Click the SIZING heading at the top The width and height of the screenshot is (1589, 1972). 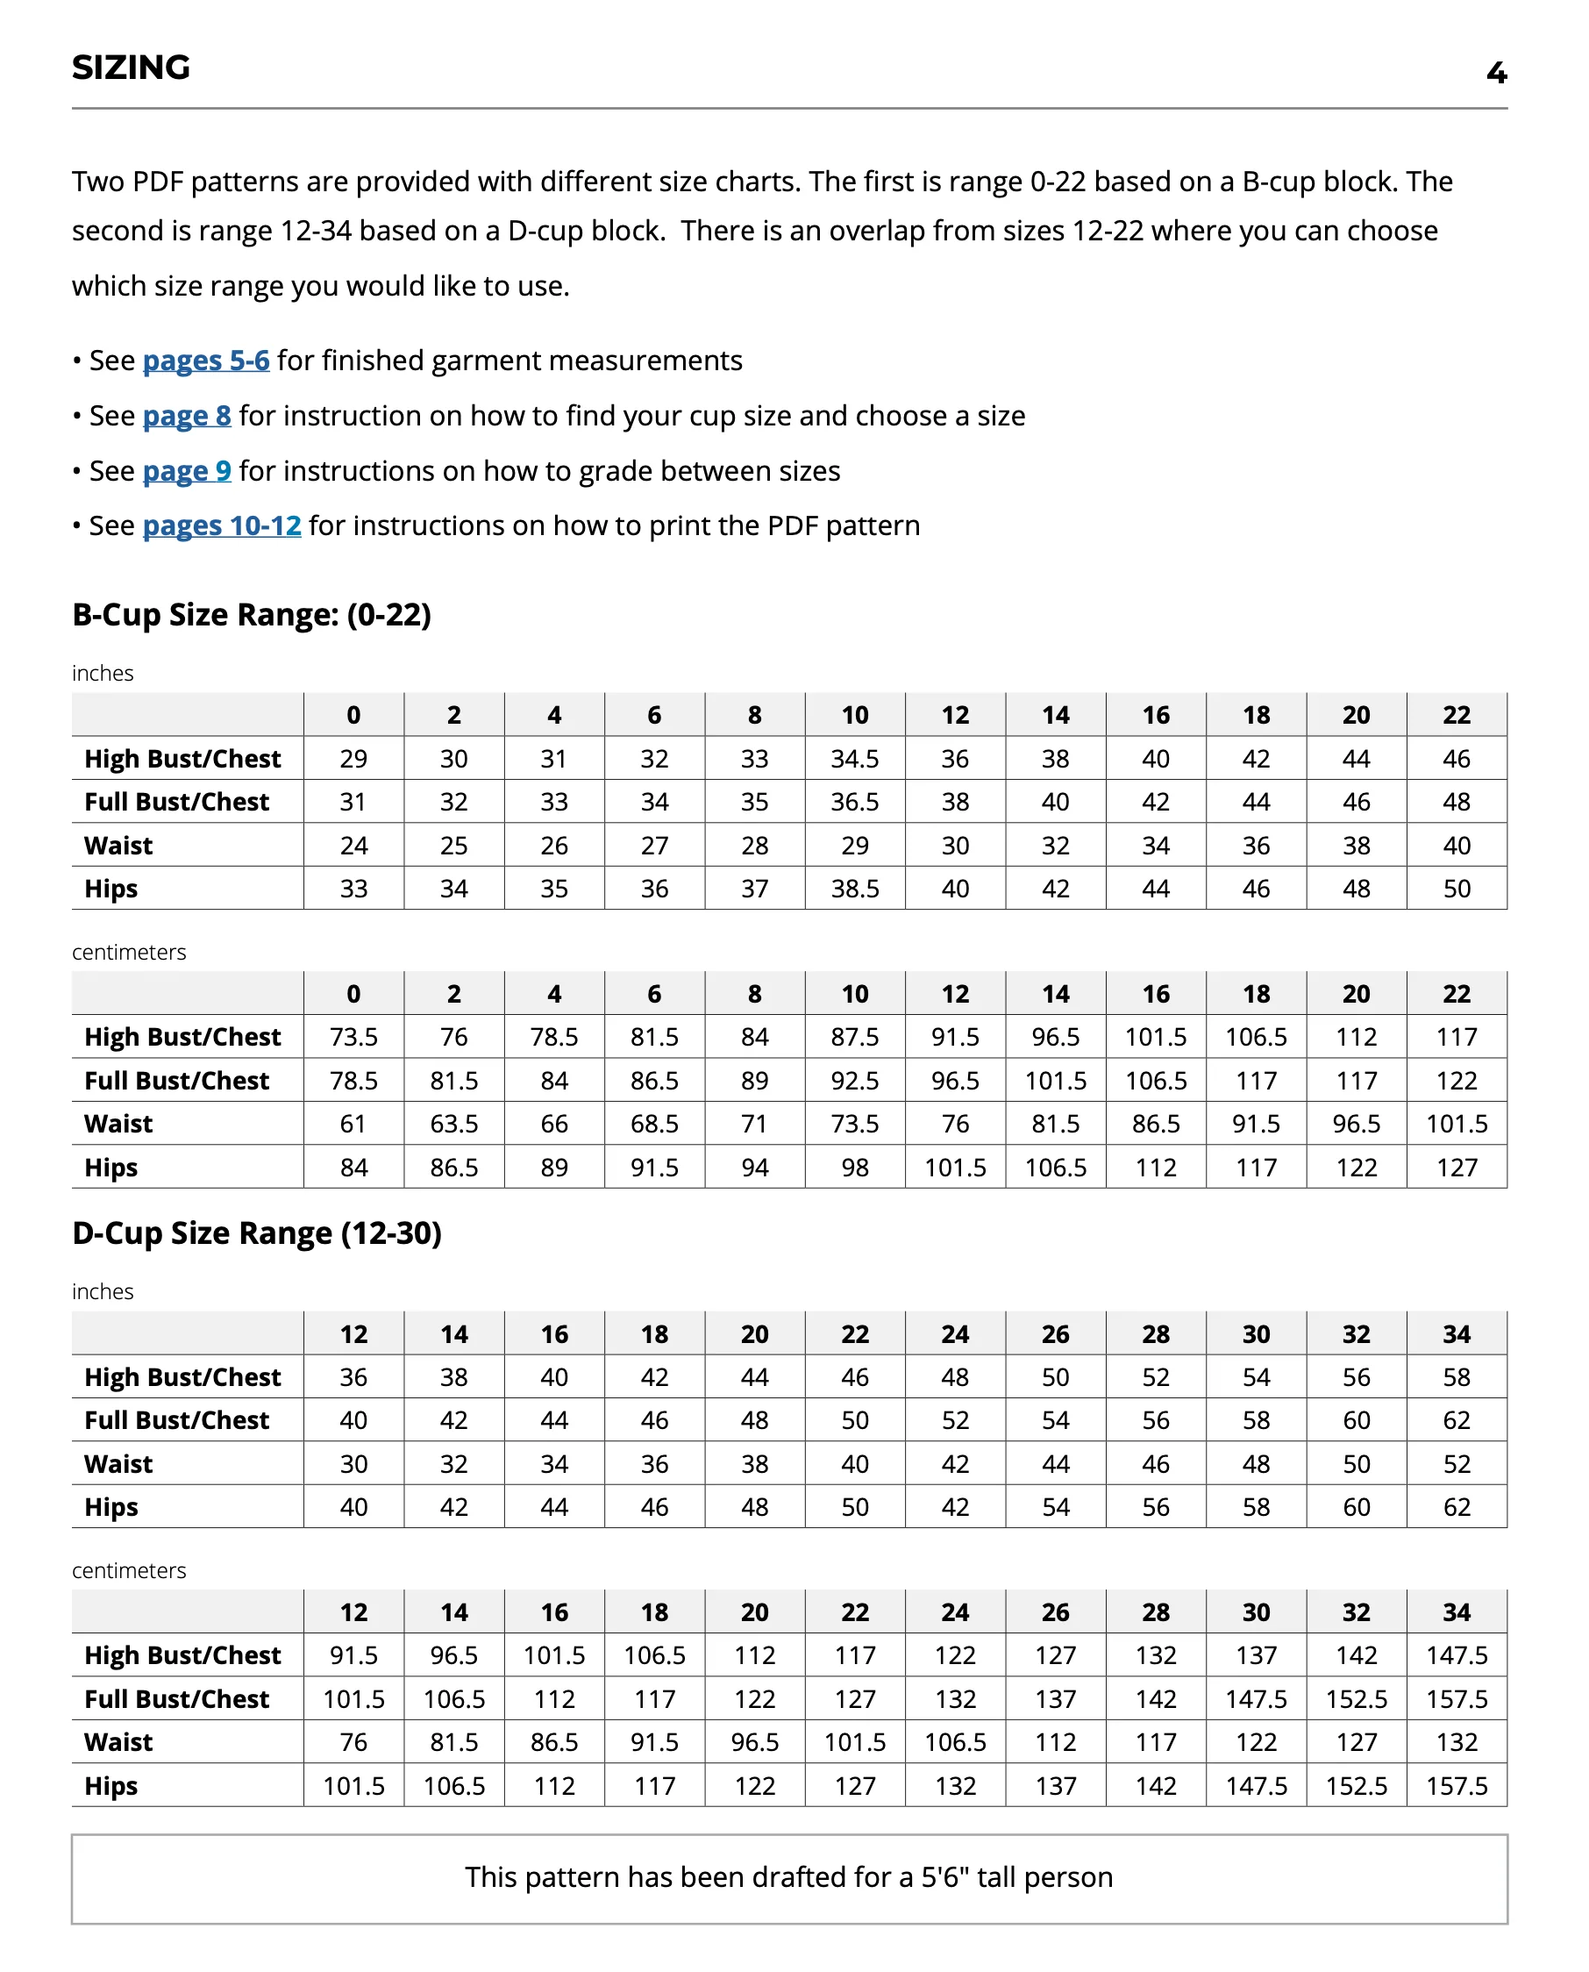(x=131, y=68)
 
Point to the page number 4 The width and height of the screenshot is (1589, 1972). (x=1496, y=73)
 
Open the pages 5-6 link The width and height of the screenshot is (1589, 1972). (x=206, y=361)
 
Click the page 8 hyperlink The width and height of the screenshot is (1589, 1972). (x=187, y=416)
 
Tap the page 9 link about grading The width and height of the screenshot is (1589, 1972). (x=187, y=470)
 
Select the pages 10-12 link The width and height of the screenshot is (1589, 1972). (x=222, y=525)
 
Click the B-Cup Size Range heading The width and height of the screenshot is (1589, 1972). (x=252, y=614)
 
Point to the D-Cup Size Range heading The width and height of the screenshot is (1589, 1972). (x=256, y=1233)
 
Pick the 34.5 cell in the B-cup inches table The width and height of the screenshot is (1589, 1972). (x=855, y=759)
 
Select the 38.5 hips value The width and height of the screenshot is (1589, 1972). (x=855, y=889)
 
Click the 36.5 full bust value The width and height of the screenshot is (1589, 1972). (x=855, y=802)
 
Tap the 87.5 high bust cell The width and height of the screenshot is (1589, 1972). (x=855, y=1037)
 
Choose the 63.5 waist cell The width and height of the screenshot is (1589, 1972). (x=454, y=1125)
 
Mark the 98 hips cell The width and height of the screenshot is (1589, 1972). (x=855, y=1168)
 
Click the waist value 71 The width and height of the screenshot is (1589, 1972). (x=754, y=1125)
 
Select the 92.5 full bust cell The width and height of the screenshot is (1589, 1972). (x=855, y=1082)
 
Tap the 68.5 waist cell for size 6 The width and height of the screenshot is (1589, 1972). (x=654, y=1125)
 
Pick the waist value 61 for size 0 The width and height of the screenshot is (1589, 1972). (x=353, y=1125)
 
